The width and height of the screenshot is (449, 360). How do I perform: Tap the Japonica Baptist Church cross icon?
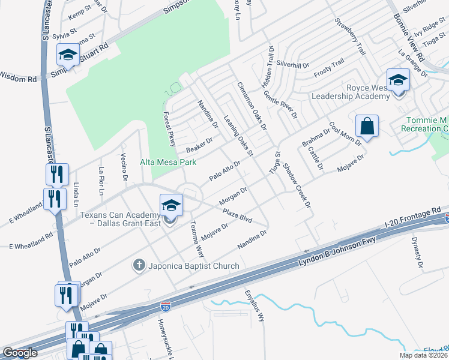[139, 265]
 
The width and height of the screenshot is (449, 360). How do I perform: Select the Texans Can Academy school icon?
[170, 206]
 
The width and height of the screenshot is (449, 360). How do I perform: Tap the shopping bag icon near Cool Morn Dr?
[366, 126]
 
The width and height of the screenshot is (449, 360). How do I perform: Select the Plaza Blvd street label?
[237, 215]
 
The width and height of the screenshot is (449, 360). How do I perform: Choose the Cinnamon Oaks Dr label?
[251, 106]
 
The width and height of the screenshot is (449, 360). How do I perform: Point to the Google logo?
[20, 353]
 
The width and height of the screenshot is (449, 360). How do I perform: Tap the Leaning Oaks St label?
[238, 132]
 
